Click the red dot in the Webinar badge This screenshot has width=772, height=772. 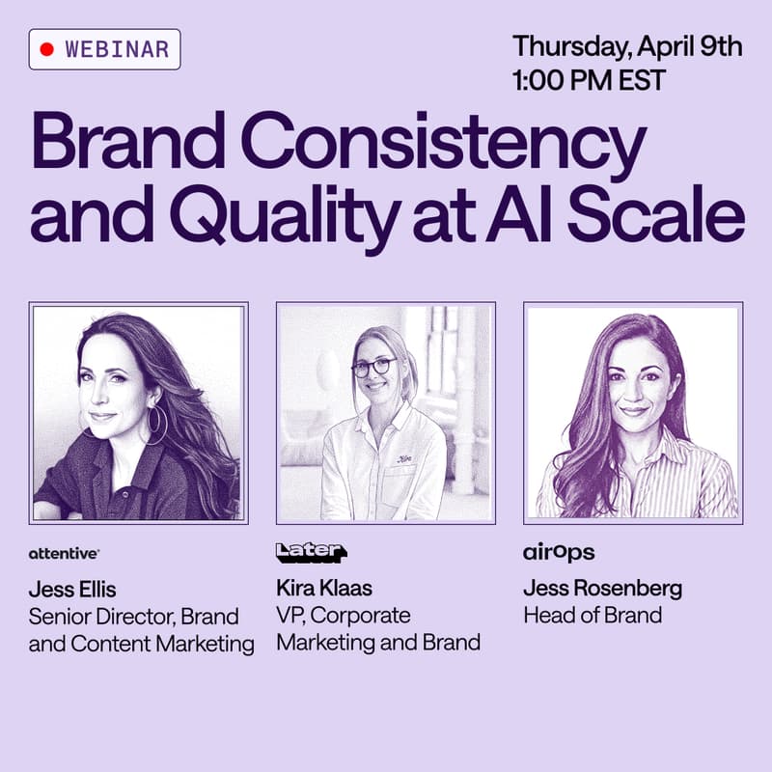46,48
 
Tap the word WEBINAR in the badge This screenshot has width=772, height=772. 117,48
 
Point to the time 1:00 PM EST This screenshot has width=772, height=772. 589,79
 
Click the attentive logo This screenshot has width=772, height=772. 64,553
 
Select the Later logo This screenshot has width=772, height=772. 310,552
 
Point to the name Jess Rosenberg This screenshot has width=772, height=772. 601,589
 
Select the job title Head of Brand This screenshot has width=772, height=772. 592,615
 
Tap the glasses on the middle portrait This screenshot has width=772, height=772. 374,368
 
